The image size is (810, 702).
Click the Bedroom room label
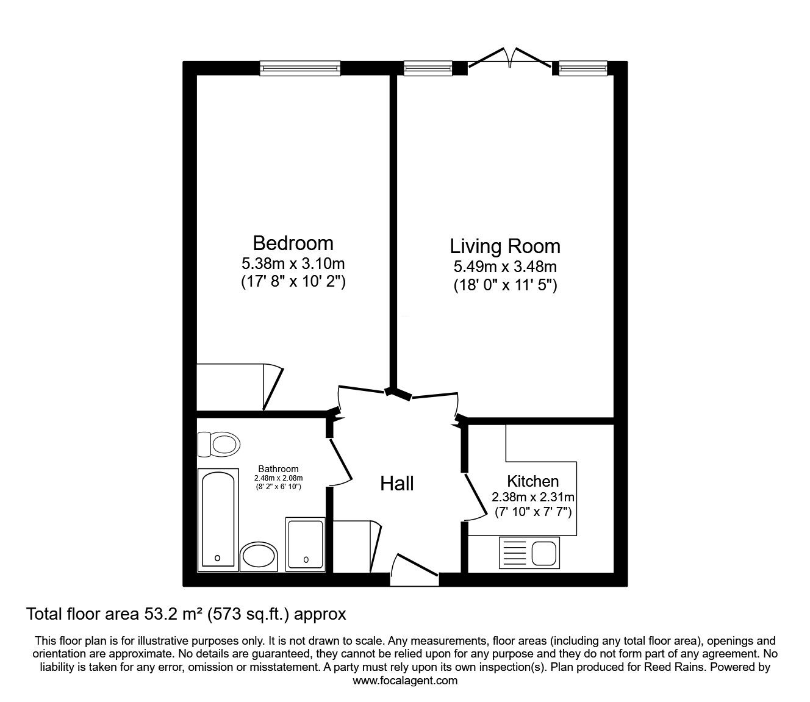click(293, 243)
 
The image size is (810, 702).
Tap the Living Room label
click(505, 246)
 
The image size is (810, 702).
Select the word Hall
click(396, 484)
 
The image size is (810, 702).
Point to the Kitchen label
click(532, 481)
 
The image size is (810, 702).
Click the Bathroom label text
click(278, 469)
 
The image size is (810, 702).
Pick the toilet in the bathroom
click(219, 445)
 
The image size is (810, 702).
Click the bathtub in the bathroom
click(218, 520)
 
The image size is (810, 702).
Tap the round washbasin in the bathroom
click(259, 556)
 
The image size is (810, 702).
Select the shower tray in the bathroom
click(306, 545)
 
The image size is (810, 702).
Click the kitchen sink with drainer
click(529, 553)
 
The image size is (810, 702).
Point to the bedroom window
click(299, 68)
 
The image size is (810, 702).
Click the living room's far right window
click(583, 68)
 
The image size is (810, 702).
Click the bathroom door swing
click(340, 463)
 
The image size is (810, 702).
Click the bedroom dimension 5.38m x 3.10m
click(293, 264)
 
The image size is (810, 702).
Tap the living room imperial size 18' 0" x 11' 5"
click(505, 285)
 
